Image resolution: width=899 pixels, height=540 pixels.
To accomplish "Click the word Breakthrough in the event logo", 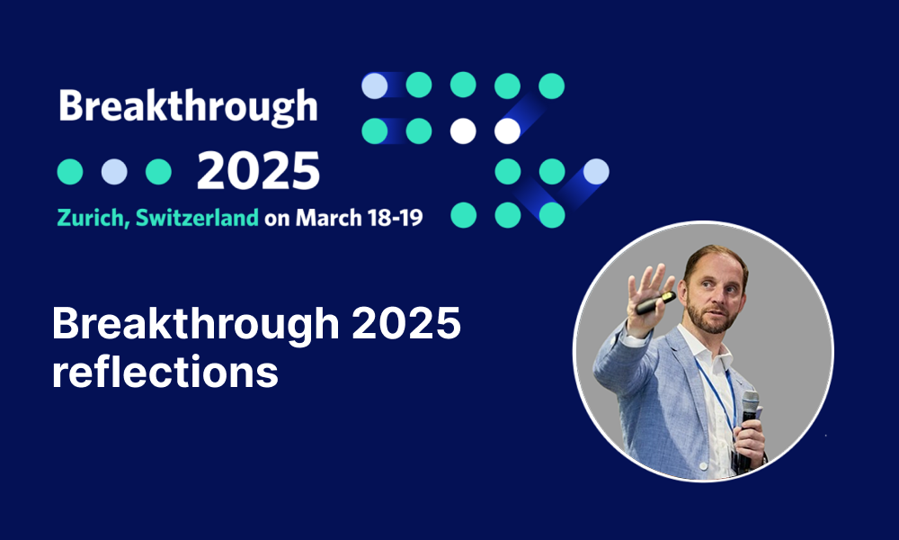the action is pyautogui.click(x=188, y=107).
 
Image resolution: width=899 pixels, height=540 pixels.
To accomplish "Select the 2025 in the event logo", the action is pyautogui.click(x=258, y=171).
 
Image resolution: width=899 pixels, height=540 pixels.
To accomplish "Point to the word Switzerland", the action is pyautogui.click(x=197, y=218).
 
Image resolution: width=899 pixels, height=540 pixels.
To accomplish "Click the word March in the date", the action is pyautogui.click(x=328, y=218).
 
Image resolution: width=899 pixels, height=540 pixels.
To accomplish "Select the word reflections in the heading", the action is pyautogui.click(x=165, y=372).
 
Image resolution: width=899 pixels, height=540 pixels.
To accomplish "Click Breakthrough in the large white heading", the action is pyautogui.click(x=195, y=324).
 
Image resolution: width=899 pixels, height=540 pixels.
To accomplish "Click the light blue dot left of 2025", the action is pyautogui.click(x=114, y=172).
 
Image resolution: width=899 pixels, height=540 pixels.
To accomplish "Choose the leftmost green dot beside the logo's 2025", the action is pyautogui.click(x=70, y=172).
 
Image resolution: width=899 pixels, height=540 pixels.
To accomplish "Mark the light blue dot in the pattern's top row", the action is pyautogui.click(x=374, y=85).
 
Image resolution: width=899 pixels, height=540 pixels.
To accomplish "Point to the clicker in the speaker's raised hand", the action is pyautogui.click(x=655, y=302).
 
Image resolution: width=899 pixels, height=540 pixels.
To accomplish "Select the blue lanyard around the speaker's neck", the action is pyautogui.click(x=717, y=391).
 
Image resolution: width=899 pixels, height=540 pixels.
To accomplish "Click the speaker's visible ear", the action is pyautogui.click(x=683, y=287).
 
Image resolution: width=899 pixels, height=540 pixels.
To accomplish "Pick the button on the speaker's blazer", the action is pyautogui.click(x=704, y=466).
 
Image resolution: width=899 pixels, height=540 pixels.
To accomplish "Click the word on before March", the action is pyautogui.click(x=277, y=220).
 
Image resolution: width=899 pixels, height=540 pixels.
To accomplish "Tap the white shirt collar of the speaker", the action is pyautogui.click(x=705, y=346).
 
